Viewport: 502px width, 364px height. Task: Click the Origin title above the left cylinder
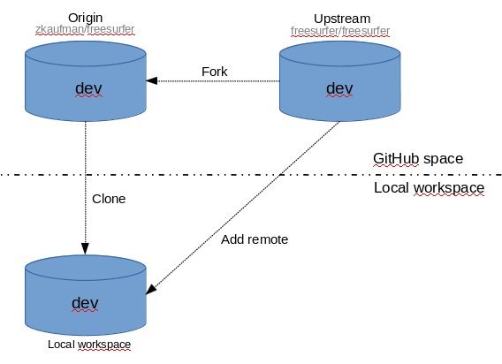(x=85, y=19)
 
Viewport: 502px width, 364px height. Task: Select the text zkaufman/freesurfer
(x=85, y=29)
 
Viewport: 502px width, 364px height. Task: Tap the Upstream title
(x=342, y=19)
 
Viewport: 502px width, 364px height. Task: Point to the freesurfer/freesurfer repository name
(x=340, y=31)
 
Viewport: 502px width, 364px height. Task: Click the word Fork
(x=215, y=72)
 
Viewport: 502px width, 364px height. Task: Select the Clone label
(x=109, y=199)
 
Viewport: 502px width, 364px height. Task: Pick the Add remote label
(x=255, y=239)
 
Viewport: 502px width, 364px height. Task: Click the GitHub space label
(x=418, y=159)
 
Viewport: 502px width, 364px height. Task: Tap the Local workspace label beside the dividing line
(x=429, y=188)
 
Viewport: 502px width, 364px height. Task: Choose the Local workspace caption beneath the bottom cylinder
(x=89, y=345)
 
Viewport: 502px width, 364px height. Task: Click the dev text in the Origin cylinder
(x=88, y=88)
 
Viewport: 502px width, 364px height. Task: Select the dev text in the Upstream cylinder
(x=339, y=88)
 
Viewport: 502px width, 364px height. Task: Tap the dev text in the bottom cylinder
(x=85, y=303)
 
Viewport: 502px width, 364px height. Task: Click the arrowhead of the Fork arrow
(x=151, y=80)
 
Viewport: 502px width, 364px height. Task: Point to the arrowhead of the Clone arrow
(x=85, y=249)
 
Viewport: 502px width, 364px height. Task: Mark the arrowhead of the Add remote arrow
(x=150, y=289)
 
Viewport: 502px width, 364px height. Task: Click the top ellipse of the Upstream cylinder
(x=340, y=54)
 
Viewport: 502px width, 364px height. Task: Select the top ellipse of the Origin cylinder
(x=86, y=54)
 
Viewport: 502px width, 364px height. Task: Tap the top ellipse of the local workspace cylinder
(x=86, y=268)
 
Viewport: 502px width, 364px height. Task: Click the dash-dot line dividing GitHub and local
(x=251, y=175)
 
